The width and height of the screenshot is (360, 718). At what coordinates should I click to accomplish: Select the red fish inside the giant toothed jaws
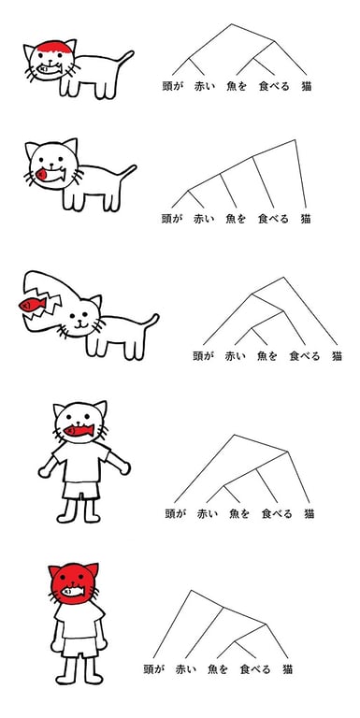(x=27, y=305)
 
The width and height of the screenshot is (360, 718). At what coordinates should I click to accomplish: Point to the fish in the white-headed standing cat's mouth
(x=79, y=432)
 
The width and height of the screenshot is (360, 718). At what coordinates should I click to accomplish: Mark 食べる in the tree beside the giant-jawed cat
(x=305, y=355)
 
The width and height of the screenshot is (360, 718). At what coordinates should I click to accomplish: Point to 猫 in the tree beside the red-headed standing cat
(x=289, y=669)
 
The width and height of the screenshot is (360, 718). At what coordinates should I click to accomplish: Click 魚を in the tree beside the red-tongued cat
(x=236, y=219)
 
